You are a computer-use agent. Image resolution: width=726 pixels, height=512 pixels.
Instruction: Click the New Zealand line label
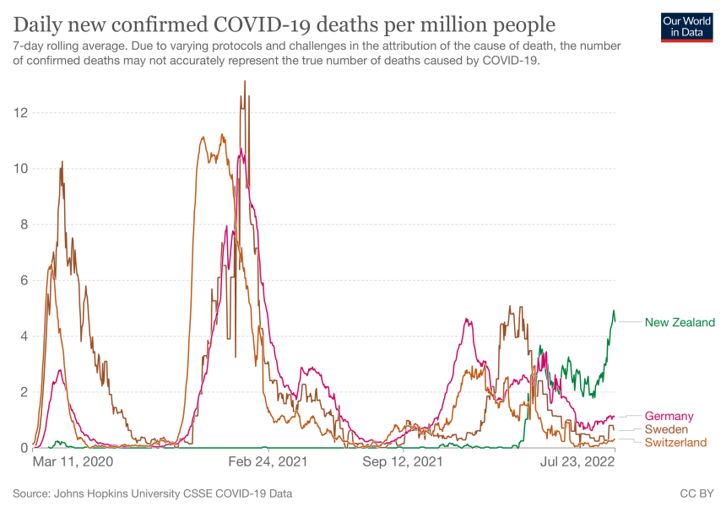pyautogui.click(x=680, y=322)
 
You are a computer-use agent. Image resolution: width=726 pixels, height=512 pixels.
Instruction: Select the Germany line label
pyautogui.click(x=669, y=416)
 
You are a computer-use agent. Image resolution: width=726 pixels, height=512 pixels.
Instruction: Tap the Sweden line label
pyautogui.click(x=666, y=429)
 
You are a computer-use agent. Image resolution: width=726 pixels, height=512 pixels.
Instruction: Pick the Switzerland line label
pyautogui.click(x=675, y=442)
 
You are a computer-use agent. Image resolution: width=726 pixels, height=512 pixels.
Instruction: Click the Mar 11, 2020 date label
pyautogui.click(x=72, y=462)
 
